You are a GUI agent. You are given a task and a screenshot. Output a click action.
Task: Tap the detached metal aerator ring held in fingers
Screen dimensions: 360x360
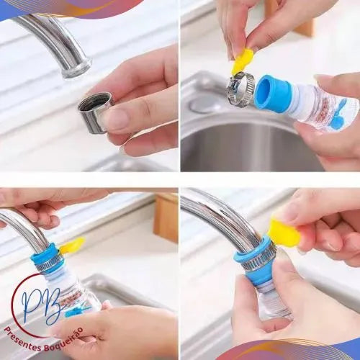(x=94, y=112)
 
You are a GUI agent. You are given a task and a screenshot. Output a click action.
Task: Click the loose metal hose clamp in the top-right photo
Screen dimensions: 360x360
(x=240, y=89)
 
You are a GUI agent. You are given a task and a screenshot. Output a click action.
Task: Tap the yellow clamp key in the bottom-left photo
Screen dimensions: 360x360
(x=72, y=246)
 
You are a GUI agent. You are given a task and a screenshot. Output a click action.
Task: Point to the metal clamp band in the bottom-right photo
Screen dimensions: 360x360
(x=257, y=261)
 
